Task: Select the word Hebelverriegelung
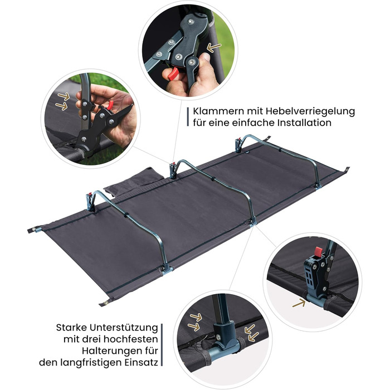310,111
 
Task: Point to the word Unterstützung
124,328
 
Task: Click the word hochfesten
131,339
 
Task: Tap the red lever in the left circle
110,105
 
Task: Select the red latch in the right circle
318,252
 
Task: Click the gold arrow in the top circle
214,47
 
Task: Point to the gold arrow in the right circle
299,303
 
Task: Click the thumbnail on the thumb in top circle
207,57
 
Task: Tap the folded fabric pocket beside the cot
134,181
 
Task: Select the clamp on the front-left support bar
90,201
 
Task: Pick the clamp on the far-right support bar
238,145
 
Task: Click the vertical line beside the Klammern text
188,117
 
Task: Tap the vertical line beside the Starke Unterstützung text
162,345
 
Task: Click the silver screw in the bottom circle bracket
218,338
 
